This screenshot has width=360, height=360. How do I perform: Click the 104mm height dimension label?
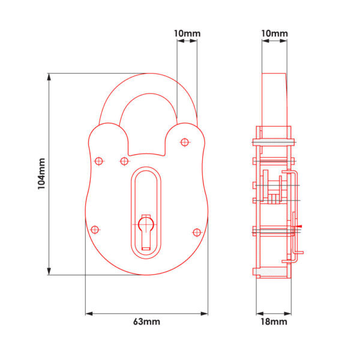click(41, 173)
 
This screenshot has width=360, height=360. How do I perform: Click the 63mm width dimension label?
click(147, 322)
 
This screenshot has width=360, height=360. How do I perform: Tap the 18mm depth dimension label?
click(274, 322)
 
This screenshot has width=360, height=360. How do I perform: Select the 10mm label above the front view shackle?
click(187, 34)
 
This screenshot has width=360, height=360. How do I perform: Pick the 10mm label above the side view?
click(275, 34)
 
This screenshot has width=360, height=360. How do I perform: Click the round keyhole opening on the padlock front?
click(146, 224)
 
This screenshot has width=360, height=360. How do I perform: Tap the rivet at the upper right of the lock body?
click(185, 142)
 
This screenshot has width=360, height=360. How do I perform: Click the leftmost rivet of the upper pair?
click(99, 161)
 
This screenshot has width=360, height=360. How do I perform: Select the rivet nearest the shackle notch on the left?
click(124, 161)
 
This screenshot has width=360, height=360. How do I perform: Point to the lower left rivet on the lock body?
click(95, 230)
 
